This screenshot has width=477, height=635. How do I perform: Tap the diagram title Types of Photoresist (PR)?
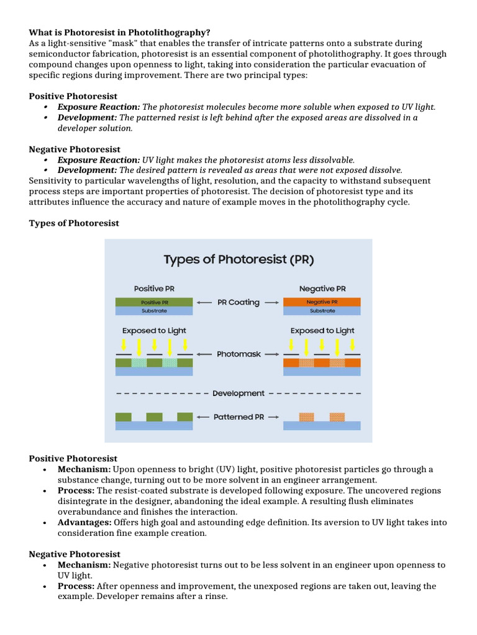pyautogui.click(x=238, y=259)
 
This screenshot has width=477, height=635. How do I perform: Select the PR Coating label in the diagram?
pyautogui.click(x=238, y=303)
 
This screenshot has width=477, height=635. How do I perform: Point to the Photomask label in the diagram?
pyautogui.click(x=238, y=355)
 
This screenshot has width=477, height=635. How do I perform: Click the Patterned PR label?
pyautogui.click(x=238, y=417)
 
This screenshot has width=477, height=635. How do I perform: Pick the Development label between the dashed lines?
pyautogui.click(x=238, y=393)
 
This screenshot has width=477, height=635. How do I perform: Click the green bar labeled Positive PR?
pyautogui.click(x=154, y=302)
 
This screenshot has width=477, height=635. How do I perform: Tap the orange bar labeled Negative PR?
pyautogui.click(x=322, y=302)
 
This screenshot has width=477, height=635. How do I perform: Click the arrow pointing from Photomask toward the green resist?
pyautogui.click(x=204, y=355)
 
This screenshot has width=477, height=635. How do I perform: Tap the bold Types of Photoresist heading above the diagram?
pyautogui.click(x=74, y=223)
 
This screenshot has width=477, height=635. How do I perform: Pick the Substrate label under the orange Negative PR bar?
pyautogui.click(x=322, y=311)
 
